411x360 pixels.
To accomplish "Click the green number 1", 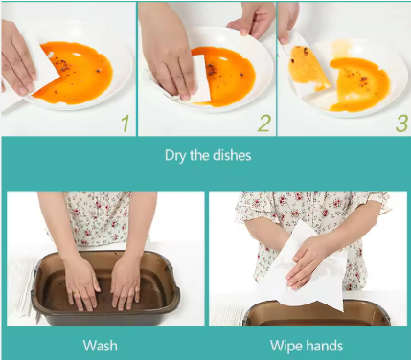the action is pos(126,124).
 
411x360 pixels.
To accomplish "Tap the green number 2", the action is pos(264,124).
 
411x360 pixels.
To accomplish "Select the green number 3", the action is pos(401,124).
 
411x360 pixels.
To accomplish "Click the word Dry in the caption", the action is pos(175,156).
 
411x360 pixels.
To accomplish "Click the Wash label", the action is pos(100,346).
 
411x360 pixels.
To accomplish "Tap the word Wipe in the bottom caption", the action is pos(285,347).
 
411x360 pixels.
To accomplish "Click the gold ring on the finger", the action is pos(76,293).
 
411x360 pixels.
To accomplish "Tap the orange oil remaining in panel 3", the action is pos(359,84).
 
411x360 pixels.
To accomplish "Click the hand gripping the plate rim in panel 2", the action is pos(252,20).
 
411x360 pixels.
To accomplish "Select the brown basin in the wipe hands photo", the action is pos(316,314).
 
